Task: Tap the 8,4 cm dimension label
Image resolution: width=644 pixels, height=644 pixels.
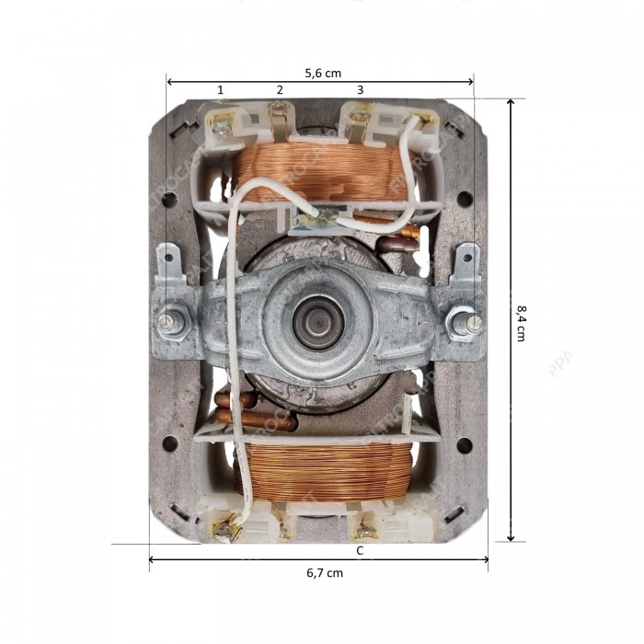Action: pyautogui.click(x=522, y=322)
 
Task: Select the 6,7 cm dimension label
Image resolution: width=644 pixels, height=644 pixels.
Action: pyautogui.click(x=325, y=572)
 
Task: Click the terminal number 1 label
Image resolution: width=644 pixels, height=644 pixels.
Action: pyautogui.click(x=220, y=89)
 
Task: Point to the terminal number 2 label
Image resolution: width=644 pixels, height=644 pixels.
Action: pyautogui.click(x=280, y=89)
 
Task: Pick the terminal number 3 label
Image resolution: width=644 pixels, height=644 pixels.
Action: pyautogui.click(x=360, y=89)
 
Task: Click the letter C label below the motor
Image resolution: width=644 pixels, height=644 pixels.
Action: pyautogui.click(x=360, y=550)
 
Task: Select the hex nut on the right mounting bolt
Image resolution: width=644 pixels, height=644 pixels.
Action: pyautogui.click(x=461, y=323)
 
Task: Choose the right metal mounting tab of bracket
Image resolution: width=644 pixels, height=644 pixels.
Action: pyautogui.click(x=467, y=264)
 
